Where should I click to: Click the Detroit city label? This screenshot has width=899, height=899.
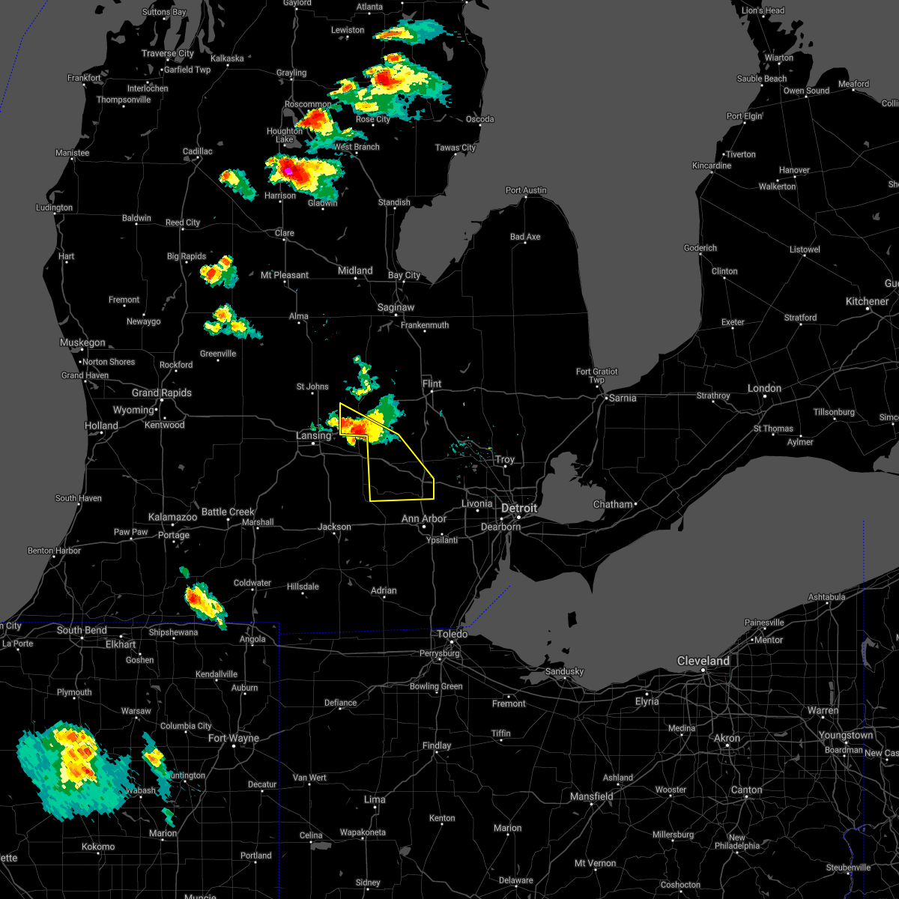pos(519,508)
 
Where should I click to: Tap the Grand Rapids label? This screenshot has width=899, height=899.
pos(162,393)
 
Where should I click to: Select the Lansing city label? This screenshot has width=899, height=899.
pos(313,435)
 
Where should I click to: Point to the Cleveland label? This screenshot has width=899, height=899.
pos(703,661)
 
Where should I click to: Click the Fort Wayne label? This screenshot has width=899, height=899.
pos(234,738)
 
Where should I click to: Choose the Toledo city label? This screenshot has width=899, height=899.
pos(452,634)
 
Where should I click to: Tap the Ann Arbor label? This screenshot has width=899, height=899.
pos(424,518)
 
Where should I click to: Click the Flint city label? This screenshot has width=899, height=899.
pos(432,384)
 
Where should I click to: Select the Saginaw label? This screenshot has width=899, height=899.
pos(396,307)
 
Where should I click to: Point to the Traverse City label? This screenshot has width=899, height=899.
pos(168,53)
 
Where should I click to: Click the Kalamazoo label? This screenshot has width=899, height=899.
pos(172,517)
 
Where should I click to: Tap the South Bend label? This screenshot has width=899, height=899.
pos(82,630)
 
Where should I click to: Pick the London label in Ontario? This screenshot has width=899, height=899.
pos(764,388)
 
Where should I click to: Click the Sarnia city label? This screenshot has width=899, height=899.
pos(623,398)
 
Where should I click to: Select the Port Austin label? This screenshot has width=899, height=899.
pos(526,190)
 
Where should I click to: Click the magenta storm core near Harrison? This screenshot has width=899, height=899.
pos(288,172)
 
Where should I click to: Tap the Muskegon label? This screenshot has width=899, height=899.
pos(82,342)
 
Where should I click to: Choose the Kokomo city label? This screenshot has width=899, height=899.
pos(98,847)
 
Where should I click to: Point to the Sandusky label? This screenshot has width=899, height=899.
pos(564,671)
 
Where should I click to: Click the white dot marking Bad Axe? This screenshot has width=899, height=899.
pos(526,245)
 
